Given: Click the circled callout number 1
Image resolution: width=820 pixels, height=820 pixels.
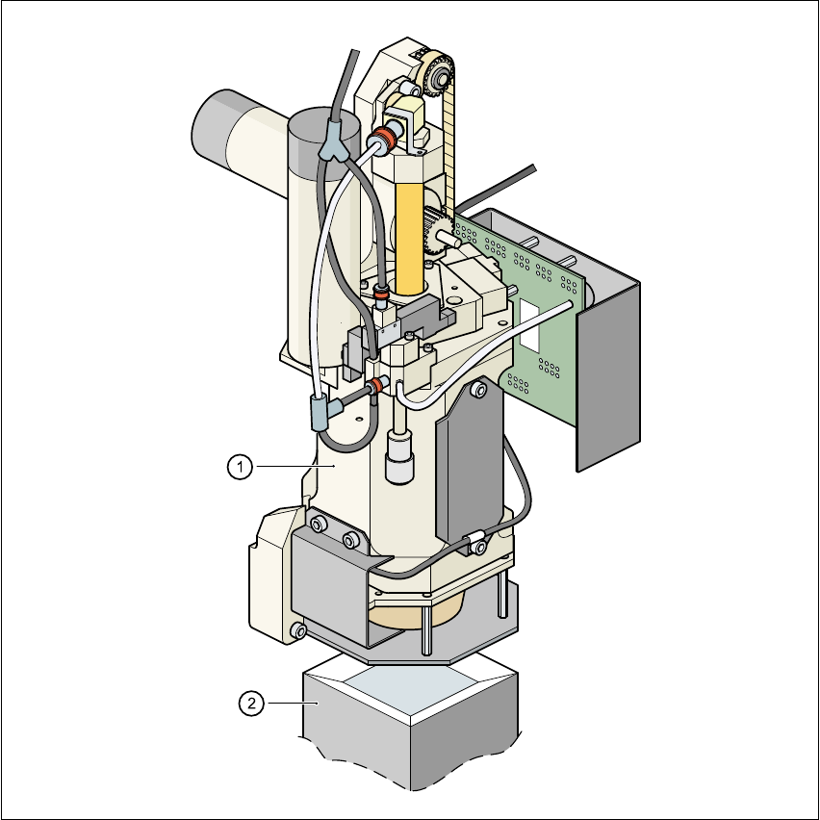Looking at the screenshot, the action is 240,467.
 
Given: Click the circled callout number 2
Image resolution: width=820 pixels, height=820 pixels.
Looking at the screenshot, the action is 251,704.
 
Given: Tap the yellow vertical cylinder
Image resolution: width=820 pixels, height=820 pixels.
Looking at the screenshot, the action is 409,238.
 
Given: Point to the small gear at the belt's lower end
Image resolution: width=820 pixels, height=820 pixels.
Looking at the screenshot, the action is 435,231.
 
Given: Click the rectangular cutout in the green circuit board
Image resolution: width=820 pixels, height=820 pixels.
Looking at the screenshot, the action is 529,324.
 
